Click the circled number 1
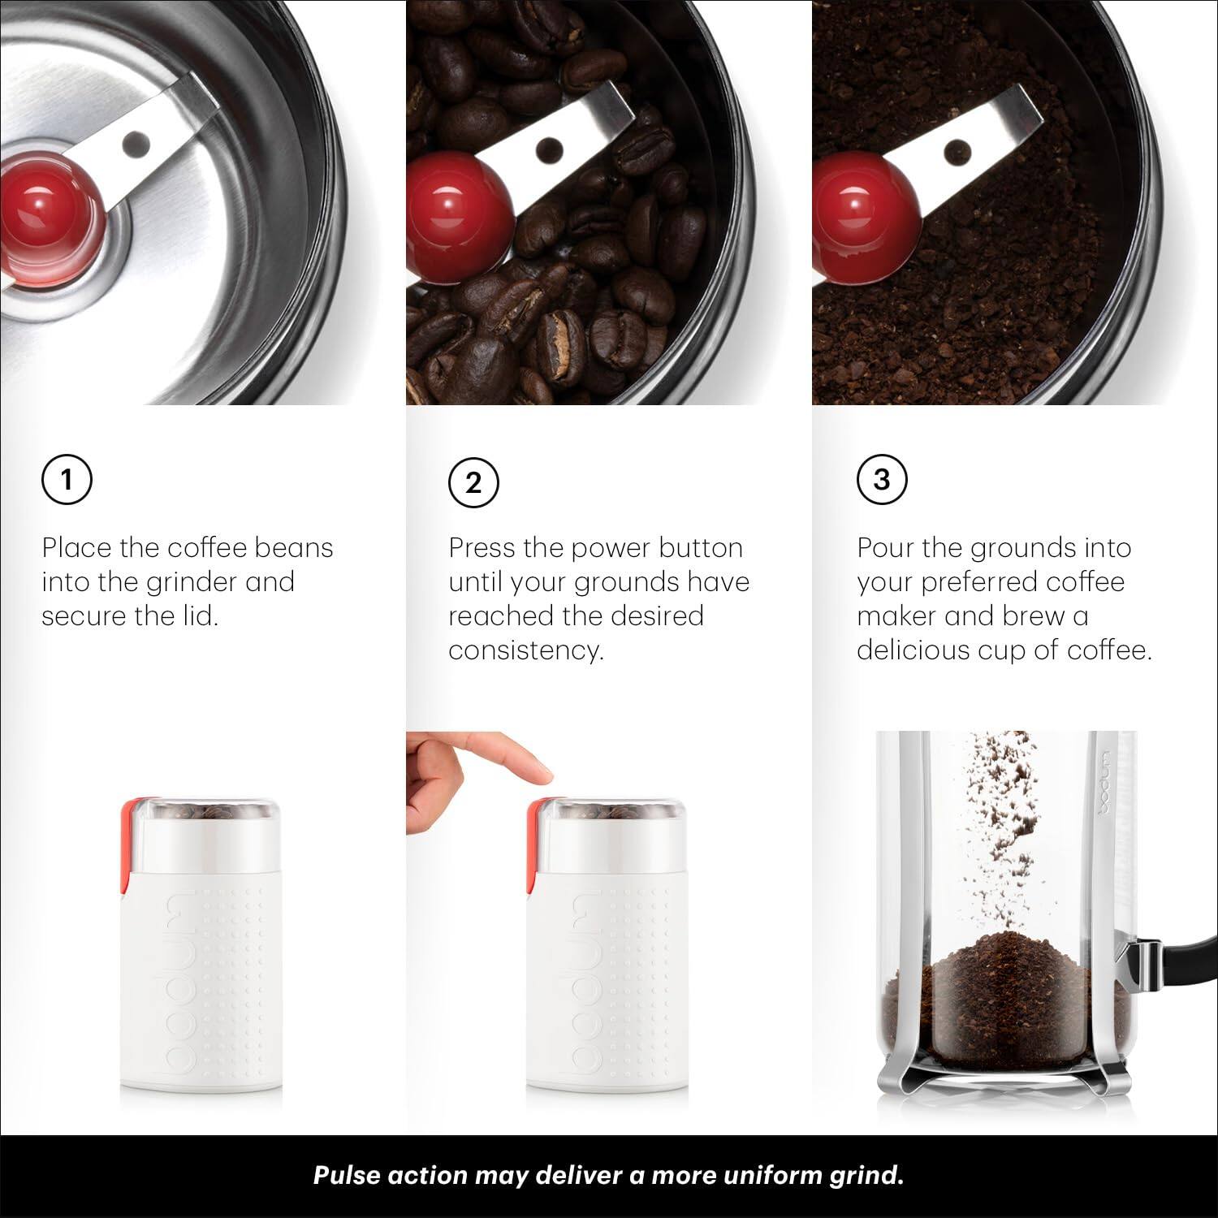[67, 480]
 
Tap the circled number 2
[473, 483]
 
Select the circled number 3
[882, 480]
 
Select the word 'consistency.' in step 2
[526, 650]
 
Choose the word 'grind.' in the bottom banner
[865, 1176]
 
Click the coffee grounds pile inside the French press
[1003, 999]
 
